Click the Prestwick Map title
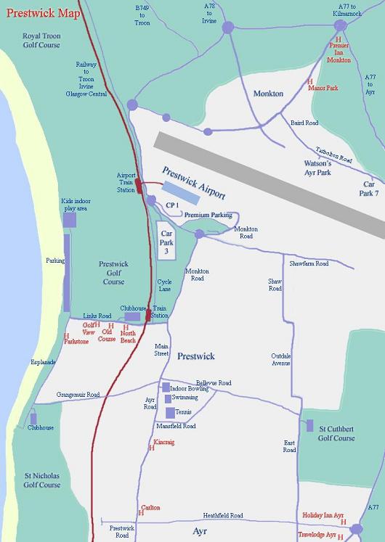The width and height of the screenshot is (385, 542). tap(44, 13)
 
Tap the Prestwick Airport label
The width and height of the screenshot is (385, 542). tap(194, 184)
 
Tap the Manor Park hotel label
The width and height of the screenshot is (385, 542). tap(323, 88)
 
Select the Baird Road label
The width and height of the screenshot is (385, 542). tap(304, 123)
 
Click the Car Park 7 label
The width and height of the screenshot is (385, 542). tap(370, 189)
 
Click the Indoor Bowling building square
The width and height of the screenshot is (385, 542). tap(166, 387)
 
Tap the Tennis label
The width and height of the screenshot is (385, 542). tap(184, 412)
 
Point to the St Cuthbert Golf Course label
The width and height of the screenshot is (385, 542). tap(338, 433)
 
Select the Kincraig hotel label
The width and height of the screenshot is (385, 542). tap(164, 441)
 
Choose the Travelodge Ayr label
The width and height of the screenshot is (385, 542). tap(317, 534)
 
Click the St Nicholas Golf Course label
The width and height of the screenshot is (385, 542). tap(41, 480)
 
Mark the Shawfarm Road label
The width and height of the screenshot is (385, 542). tap(309, 263)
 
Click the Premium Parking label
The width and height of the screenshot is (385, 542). tap(208, 215)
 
